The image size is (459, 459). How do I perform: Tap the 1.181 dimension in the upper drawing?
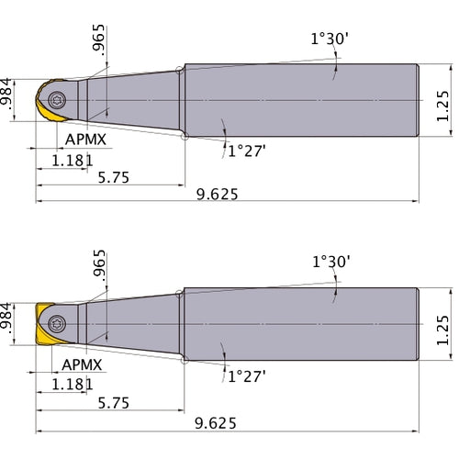[x=72, y=161]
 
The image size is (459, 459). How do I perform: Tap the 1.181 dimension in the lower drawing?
[x=72, y=384]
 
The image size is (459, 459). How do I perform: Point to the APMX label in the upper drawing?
[x=86, y=140]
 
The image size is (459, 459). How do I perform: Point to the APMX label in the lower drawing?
[x=86, y=364]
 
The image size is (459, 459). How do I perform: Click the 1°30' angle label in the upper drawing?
[x=330, y=39]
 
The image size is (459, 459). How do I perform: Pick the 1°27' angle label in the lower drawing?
[x=246, y=375]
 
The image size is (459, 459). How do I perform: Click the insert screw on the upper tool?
[x=60, y=99]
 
